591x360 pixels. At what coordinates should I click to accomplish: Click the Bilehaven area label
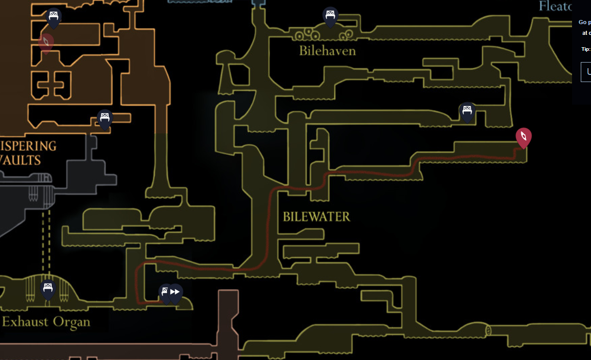tap(327, 51)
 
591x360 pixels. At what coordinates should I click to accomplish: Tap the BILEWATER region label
tap(316, 216)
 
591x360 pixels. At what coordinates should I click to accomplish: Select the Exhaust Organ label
tap(46, 322)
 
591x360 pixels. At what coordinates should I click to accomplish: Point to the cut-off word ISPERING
tap(28, 146)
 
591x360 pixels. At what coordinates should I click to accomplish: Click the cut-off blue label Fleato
tap(555, 6)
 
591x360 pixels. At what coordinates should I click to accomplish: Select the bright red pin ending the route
tap(523, 137)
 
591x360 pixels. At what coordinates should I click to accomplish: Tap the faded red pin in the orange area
tap(46, 43)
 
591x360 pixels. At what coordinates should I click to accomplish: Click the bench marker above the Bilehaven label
tap(330, 16)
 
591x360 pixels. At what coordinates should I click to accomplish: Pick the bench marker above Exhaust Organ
tap(48, 289)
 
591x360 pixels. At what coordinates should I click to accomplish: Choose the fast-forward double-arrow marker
tap(175, 292)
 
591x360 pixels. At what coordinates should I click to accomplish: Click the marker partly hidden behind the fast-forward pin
tap(165, 293)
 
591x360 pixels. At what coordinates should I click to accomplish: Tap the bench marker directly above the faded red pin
tap(53, 17)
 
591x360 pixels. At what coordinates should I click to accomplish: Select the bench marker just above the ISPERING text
tap(105, 118)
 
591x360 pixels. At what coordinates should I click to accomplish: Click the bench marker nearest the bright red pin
tap(466, 111)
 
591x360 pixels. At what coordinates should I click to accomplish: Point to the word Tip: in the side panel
tap(585, 49)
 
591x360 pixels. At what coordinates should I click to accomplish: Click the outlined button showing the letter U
tap(585, 72)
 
